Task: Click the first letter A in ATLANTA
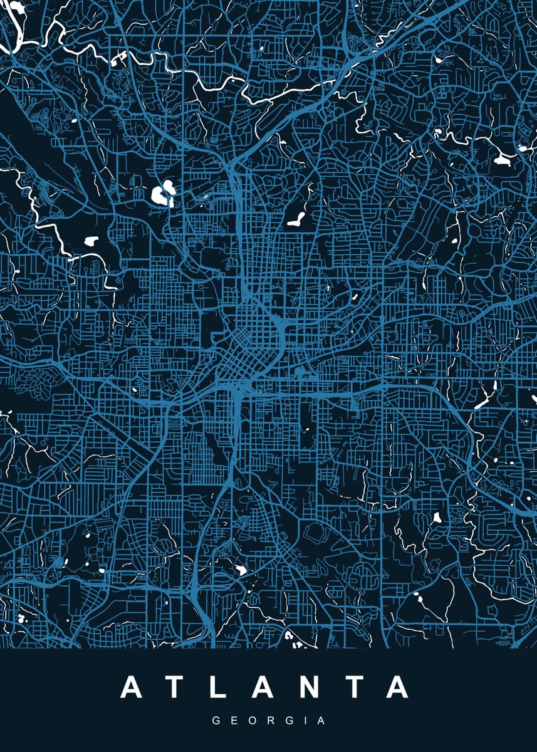[133, 687]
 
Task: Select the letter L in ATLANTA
[221, 687]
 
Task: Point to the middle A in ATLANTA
[266, 687]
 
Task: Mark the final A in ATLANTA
[399, 687]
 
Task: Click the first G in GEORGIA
[216, 721]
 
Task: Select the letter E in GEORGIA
[234, 721]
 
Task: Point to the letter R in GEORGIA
[271, 721]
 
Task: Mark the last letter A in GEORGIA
[321, 721]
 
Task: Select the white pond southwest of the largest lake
[91, 239]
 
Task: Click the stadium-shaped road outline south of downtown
[314, 533]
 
